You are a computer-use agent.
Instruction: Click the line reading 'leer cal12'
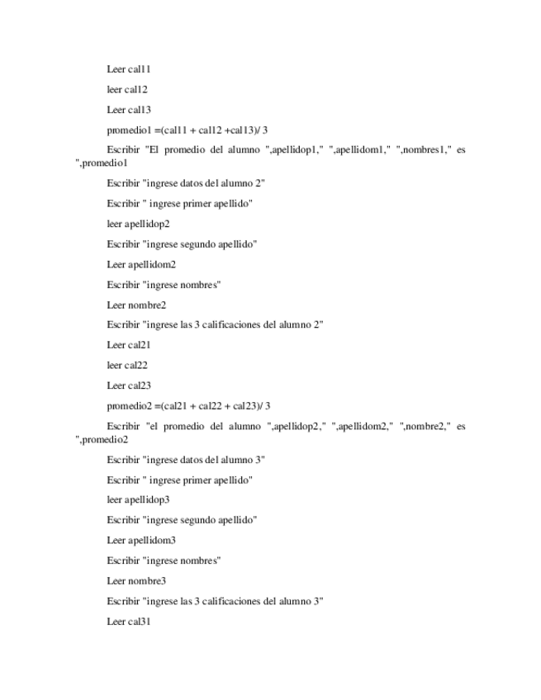tap(127, 89)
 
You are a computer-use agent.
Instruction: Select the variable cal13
tap(140, 110)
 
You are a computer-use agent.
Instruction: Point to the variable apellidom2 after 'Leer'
tap(152, 265)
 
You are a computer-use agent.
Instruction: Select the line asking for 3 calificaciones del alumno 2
tap(215, 325)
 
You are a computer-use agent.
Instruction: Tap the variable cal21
tap(140, 345)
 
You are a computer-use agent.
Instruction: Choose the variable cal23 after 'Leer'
tap(140, 385)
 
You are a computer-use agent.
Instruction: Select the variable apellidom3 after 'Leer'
tap(152, 541)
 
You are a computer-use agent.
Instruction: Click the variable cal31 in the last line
tap(140, 622)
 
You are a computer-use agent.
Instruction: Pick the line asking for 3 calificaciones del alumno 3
tap(215, 602)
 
